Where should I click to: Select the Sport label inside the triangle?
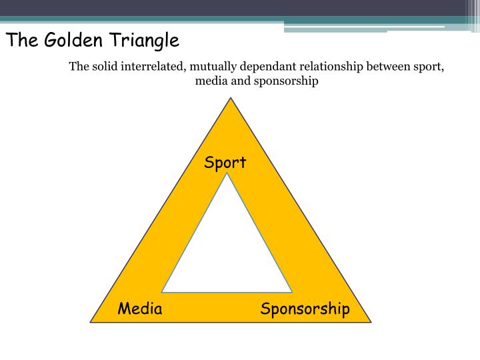click(225, 163)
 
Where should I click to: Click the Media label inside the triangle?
click(140, 309)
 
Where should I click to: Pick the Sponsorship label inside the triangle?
click(305, 309)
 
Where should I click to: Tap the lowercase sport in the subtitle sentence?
click(430, 67)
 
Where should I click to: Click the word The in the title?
click(21, 41)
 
